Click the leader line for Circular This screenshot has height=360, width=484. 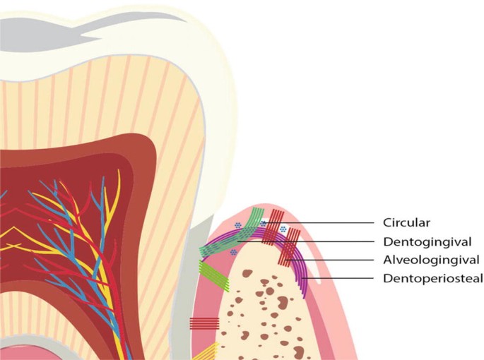click(332, 222)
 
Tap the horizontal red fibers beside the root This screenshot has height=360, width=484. click(205, 324)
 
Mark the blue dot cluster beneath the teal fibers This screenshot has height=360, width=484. click(233, 252)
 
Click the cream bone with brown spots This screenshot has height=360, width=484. click(261, 311)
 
